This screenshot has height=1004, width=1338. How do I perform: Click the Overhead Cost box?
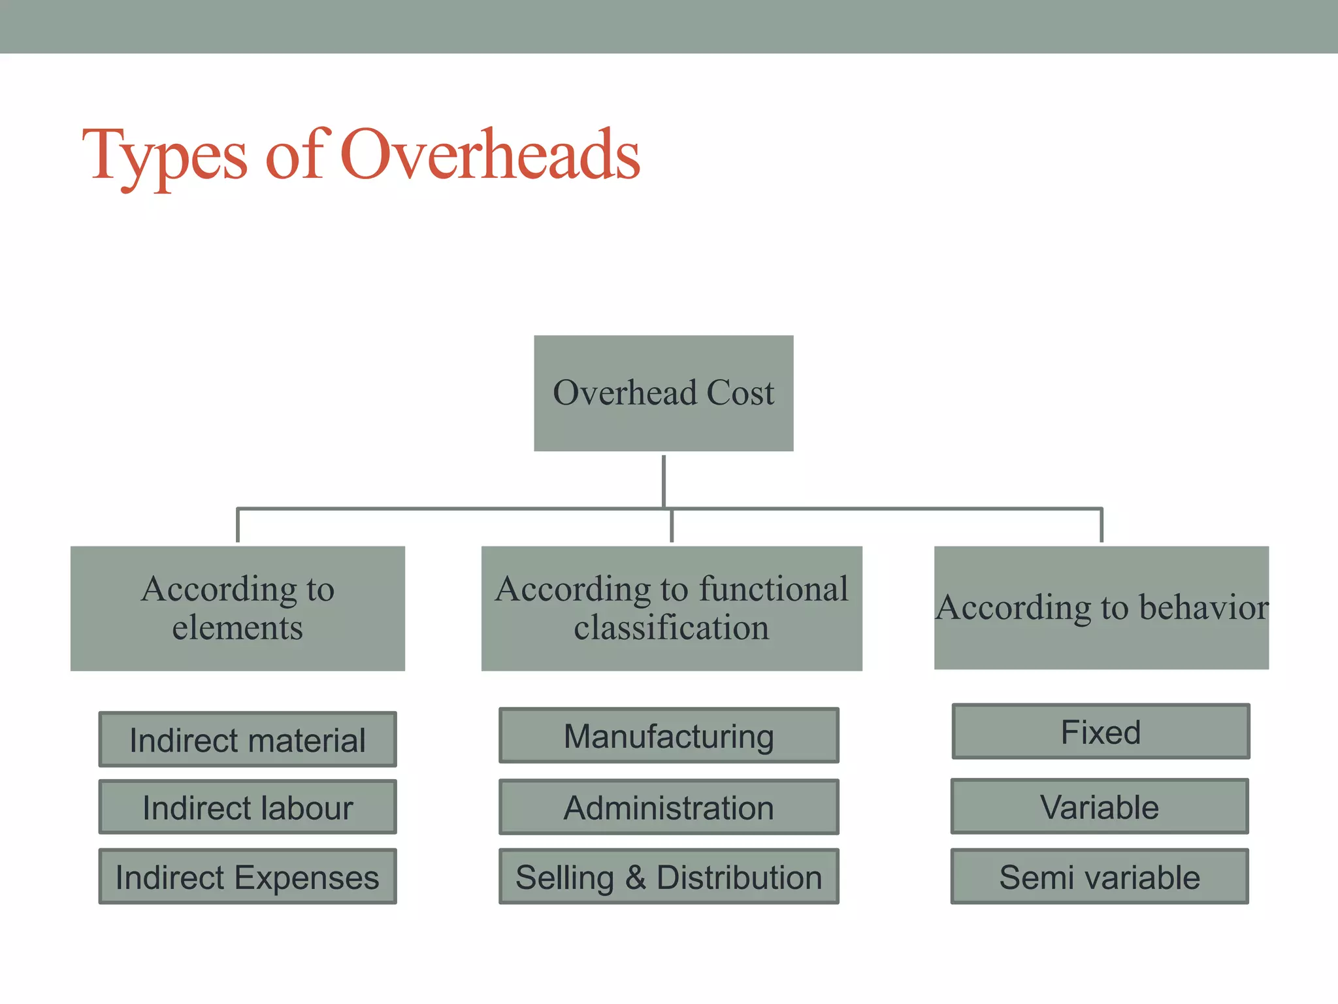click(663, 393)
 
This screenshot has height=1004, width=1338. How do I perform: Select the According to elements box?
click(237, 608)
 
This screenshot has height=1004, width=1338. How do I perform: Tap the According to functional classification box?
click(671, 608)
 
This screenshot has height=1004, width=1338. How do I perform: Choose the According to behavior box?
click(1101, 607)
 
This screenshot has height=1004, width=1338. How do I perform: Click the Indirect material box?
click(247, 739)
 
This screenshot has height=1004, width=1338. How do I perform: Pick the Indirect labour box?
click(247, 807)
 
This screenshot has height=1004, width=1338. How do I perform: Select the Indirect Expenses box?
click(247, 876)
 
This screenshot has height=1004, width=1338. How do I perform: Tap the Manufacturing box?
click(668, 735)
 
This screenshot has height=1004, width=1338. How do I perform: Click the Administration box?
click(668, 807)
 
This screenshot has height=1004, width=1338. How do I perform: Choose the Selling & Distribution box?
click(668, 876)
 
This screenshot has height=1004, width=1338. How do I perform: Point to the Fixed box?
click(1100, 731)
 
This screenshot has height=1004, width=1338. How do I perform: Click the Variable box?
click(1099, 806)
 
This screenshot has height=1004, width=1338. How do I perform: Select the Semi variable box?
click(1099, 876)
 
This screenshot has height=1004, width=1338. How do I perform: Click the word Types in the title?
click(164, 156)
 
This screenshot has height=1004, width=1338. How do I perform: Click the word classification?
click(671, 627)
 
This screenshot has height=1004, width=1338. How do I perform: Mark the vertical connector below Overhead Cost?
click(664, 480)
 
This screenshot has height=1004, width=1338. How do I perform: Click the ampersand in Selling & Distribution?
click(635, 877)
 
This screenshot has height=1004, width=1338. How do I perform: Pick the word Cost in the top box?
click(740, 393)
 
